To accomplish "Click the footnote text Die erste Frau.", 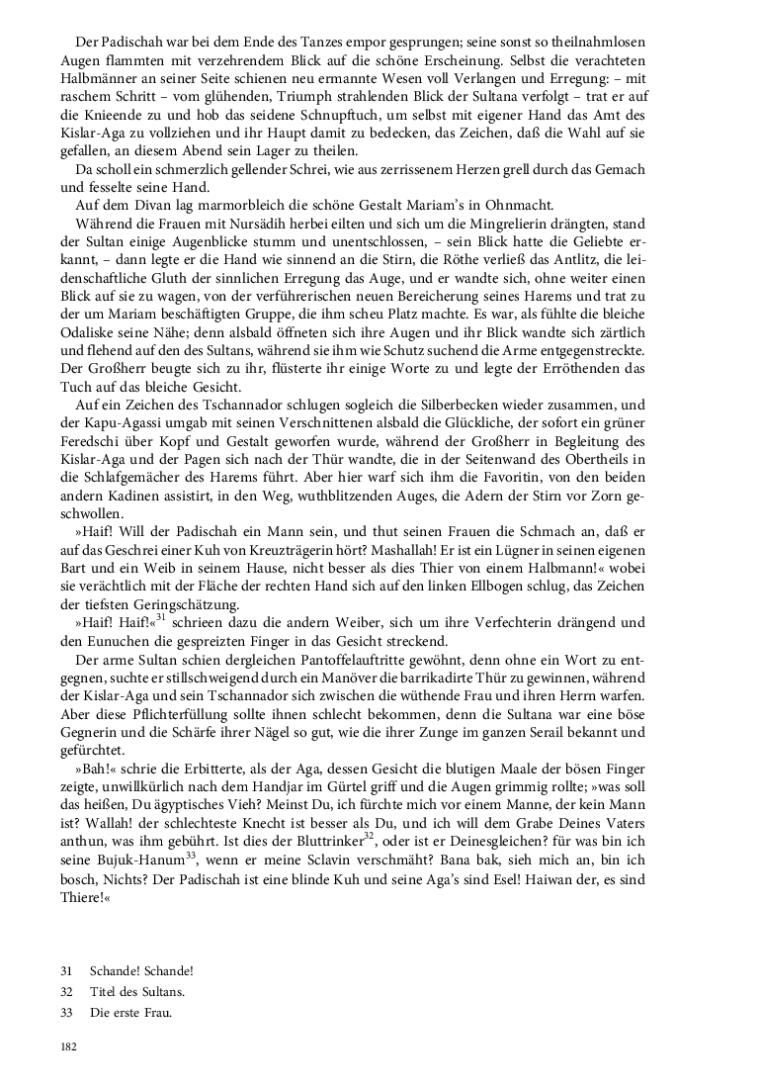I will tap(129, 1012).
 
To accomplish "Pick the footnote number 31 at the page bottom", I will tap(66, 971).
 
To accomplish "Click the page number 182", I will tap(69, 1045).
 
